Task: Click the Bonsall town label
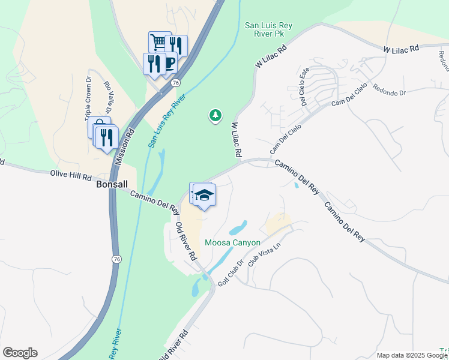click(x=112, y=185)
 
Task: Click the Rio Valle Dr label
click(x=108, y=97)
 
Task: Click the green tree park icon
click(x=215, y=115)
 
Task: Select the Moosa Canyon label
click(x=232, y=243)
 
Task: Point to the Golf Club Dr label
click(x=231, y=273)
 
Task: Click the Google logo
click(x=20, y=353)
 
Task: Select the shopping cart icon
click(x=159, y=42)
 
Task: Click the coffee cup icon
click(x=169, y=62)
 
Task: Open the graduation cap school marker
click(x=205, y=196)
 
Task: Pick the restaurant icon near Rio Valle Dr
click(x=106, y=137)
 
